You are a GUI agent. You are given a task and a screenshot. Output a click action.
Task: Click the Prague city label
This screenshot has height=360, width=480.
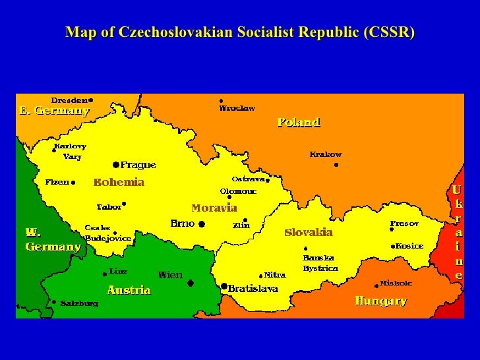pyautogui.click(x=138, y=165)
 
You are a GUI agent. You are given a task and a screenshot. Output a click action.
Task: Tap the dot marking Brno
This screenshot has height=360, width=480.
pyautogui.click(x=202, y=224)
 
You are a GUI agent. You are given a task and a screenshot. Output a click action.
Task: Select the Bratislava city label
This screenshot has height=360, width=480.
pyautogui.click(x=253, y=288)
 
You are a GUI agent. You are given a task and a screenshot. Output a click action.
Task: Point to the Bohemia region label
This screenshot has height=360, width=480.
pyautogui.click(x=119, y=182)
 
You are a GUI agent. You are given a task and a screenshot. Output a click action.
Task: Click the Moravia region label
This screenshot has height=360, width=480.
pyautogui.click(x=214, y=208)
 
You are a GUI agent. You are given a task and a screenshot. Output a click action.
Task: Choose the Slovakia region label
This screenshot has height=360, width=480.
pyautogui.click(x=309, y=232)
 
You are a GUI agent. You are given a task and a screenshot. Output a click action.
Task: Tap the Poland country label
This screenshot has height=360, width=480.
pyautogui.click(x=299, y=122)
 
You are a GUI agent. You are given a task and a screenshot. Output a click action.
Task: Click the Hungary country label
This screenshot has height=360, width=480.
pyautogui.click(x=380, y=301)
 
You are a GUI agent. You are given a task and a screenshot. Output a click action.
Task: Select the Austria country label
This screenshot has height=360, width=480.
pyautogui.click(x=129, y=290)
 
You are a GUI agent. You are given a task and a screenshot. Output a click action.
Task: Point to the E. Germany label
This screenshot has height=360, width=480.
pyautogui.click(x=54, y=111)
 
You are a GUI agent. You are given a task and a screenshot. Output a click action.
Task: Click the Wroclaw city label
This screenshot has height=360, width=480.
pyautogui.click(x=237, y=108)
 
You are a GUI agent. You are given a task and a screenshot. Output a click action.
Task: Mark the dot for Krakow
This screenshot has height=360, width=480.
pyautogui.click(x=336, y=165)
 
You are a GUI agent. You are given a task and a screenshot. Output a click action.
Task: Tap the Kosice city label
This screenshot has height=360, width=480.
pyautogui.click(x=409, y=246)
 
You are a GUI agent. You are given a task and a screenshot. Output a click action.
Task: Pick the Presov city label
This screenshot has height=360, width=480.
pyautogui.click(x=404, y=224)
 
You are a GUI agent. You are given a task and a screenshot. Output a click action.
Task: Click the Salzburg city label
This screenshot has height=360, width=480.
pyautogui.click(x=79, y=303)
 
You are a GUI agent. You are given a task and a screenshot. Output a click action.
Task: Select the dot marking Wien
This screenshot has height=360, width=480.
pyautogui.click(x=191, y=283)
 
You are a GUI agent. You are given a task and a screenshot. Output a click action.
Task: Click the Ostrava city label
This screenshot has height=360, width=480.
pyautogui.click(x=247, y=179)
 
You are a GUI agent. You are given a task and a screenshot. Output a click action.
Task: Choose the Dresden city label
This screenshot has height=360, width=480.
pyautogui.click(x=70, y=100)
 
